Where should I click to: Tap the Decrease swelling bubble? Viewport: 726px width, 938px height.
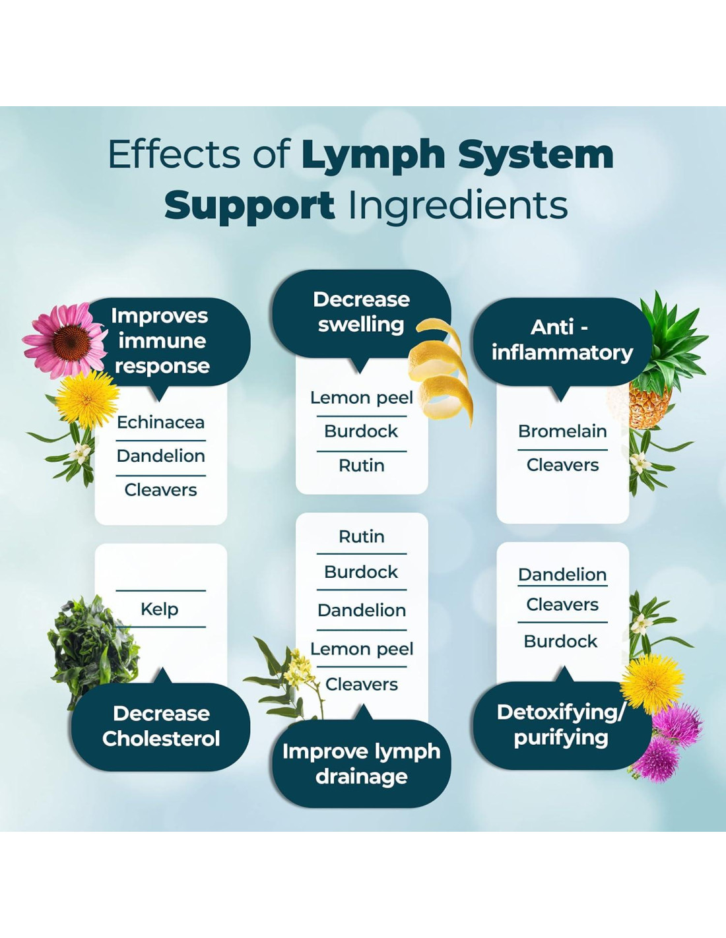click(x=360, y=312)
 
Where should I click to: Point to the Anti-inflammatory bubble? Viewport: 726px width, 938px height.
click(x=562, y=340)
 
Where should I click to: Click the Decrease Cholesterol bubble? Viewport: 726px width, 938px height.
click(x=161, y=726)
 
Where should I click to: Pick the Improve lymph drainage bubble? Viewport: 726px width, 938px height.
click(x=361, y=764)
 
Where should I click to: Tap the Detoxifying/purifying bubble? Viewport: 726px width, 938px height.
click(x=561, y=725)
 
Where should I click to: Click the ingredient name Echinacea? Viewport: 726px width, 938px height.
click(x=160, y=422)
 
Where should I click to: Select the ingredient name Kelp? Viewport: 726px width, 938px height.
click(x=160, y=609)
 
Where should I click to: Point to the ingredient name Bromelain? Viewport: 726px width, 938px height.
click(x=562, y=431)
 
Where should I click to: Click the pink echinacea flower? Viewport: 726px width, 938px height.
click(x=66, y=340)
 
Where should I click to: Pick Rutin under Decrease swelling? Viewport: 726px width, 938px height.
click(x=361, y=466)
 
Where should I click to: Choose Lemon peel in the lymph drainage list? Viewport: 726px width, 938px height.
click(x=362, y=649)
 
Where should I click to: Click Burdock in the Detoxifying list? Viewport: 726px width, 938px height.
click(x=560, y=641)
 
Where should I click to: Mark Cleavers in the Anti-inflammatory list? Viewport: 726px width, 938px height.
click(x=562, y=465)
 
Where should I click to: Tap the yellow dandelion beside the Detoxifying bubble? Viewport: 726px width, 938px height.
click(x=652, y=683)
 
